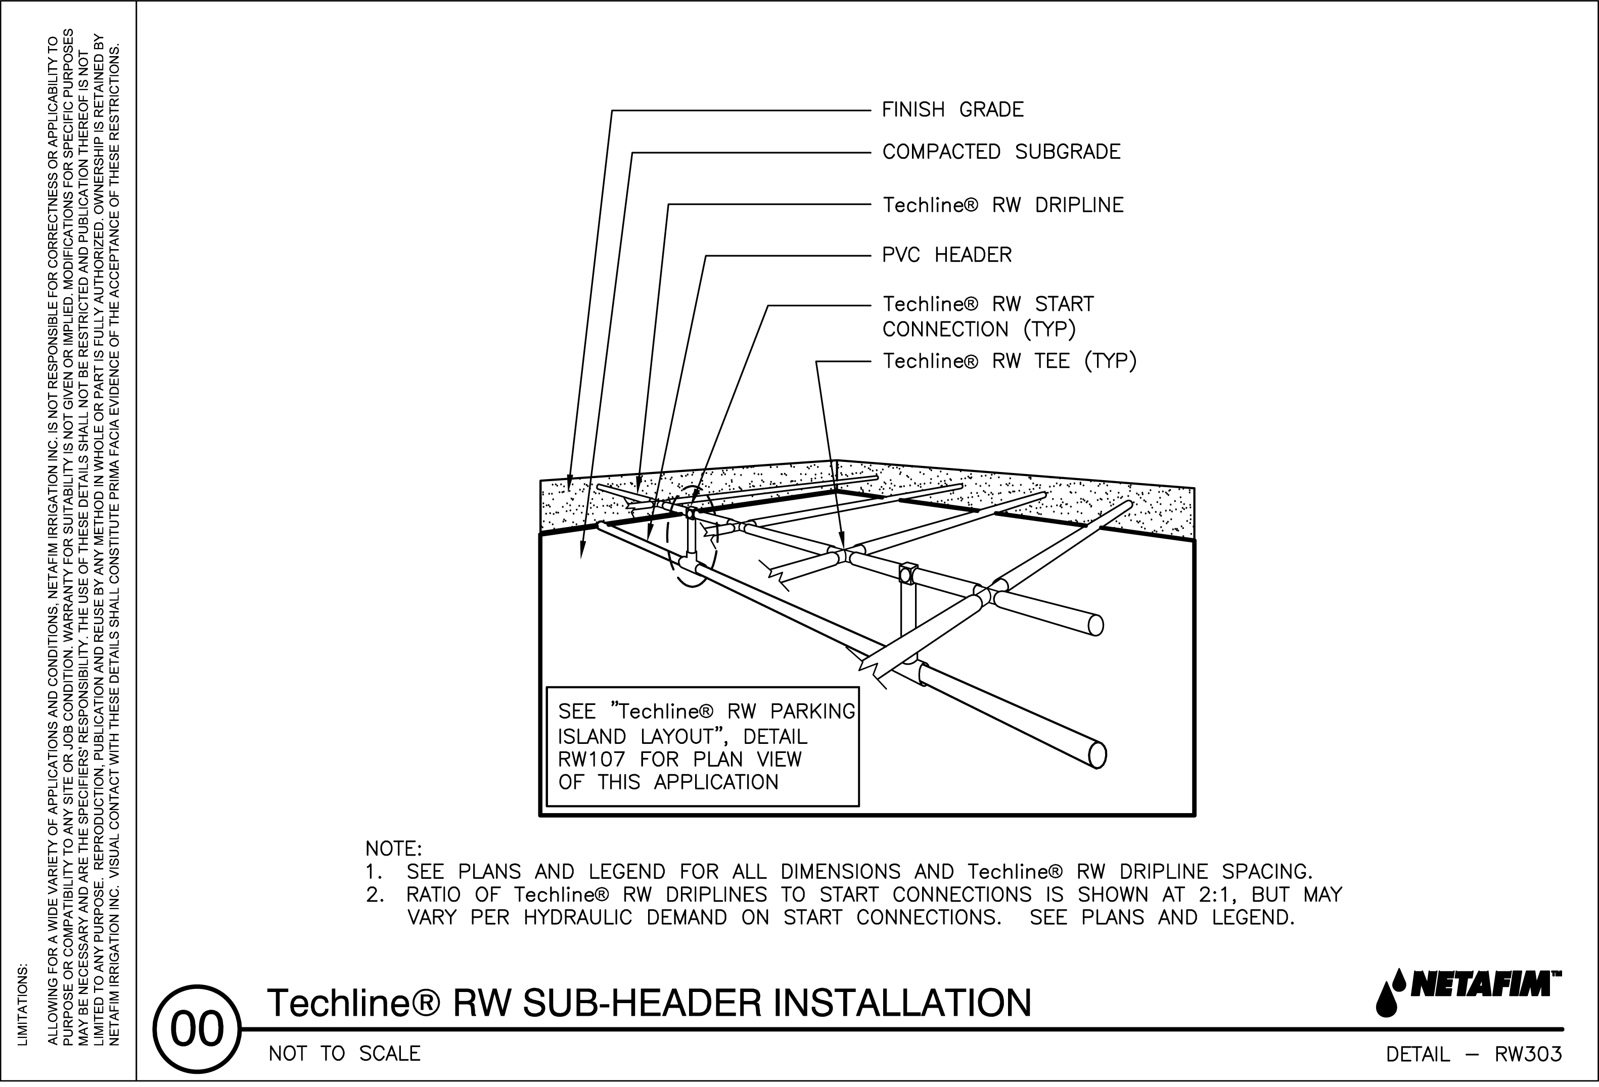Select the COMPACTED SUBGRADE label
pos(1001,152)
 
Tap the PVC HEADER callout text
pos(947,255)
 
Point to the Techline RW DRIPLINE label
pos(1002,205)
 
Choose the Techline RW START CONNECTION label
pos(987,316)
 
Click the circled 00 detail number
pos(198,1030)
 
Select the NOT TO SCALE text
pos(344,1054)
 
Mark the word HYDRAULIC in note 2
pos(577,918)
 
